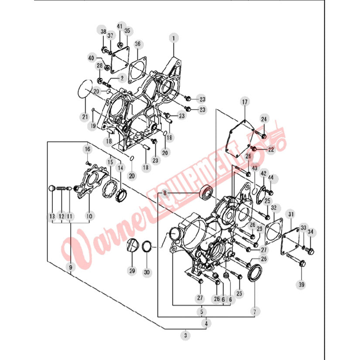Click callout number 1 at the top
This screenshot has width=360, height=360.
pos(174,38)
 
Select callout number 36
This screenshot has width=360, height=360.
pos(137,44)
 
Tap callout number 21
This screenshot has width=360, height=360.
pos(85,117)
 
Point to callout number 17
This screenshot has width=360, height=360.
pos(245,102)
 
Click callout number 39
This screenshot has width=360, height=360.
pos(302,285)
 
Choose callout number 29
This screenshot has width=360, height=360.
pos(132,271)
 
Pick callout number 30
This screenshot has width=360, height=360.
pos(147,272)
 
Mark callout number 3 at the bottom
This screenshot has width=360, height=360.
pos(185,336)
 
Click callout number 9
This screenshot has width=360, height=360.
pos(71,267)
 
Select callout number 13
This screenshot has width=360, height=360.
pos(52,216)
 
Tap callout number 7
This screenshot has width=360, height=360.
pos(254,312)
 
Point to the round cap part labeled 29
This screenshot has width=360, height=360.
pos(133,245)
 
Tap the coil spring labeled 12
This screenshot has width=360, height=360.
pos(61,189)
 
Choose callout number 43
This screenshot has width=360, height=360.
pos(254,168)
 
